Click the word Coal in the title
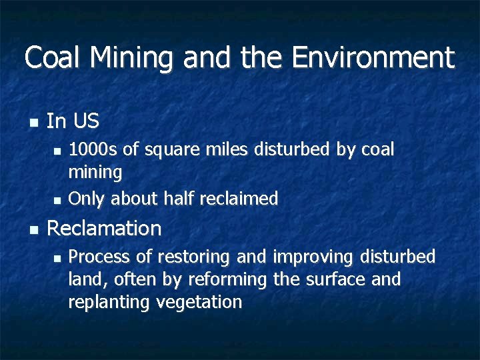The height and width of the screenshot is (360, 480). pyautogui.click(x=54, y=58)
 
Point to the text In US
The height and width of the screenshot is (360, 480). pyautogui.click(x=73, y=121)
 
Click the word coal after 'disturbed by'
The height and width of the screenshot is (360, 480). pyautogui.click(x=377, y=150)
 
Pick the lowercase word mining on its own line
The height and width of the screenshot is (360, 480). pyautogui.click(x=95, y=173)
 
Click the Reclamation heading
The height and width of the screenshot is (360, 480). pyautogui.click(x=104, y=229)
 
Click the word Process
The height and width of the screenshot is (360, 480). pyautogui.click(x=99, y=257)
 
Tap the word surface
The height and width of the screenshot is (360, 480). pyautogui.click(x=333, y=279)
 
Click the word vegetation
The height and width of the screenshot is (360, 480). pyautogui.click(x=199, y=302)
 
